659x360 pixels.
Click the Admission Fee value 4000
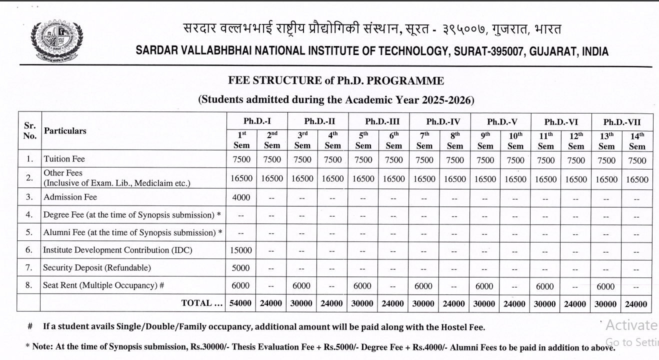[241, 197]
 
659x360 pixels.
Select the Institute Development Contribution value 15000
[241, 250]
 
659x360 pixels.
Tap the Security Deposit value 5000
[241, 267]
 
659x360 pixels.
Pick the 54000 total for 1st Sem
[241, 303]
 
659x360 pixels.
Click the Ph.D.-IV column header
[439, 121]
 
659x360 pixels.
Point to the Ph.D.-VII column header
[621, 121]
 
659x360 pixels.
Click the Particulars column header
[65, 131]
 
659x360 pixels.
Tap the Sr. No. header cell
[30, 131]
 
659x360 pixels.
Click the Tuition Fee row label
[64, 159]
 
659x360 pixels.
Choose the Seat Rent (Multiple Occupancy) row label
[104, 285]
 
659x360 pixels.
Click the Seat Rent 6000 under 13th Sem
[606, 286]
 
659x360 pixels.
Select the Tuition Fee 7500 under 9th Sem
[485, 160]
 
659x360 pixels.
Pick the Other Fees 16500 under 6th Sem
[393, 179]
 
